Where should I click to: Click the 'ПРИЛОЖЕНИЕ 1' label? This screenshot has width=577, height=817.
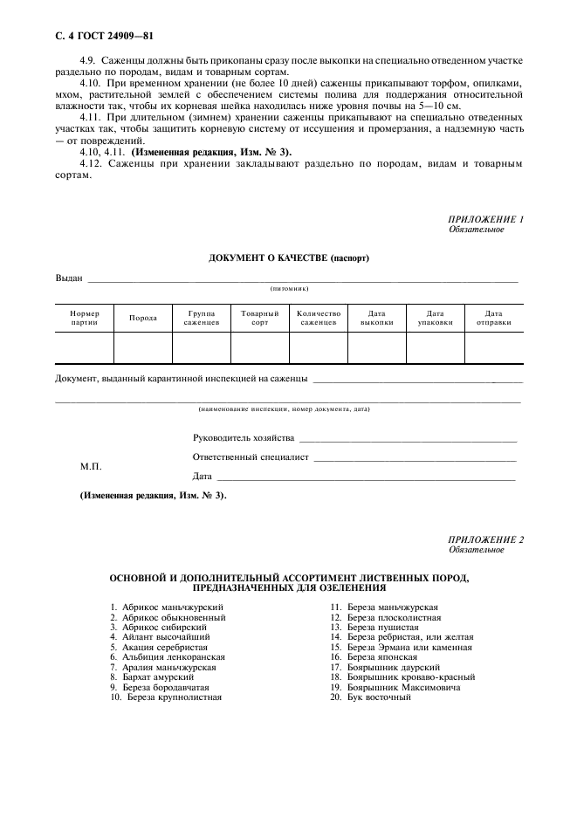coord(485,219)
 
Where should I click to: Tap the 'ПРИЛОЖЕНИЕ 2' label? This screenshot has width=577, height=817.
coord(485,539)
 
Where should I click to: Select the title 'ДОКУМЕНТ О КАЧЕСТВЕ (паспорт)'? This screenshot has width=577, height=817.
coord(288,259)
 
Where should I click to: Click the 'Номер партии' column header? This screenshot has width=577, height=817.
coord(85,318)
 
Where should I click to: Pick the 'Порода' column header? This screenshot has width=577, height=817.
coord(143,318)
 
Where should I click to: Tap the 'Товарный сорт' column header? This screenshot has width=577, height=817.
coord(259,318)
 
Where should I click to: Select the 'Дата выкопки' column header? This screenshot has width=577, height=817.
coord(376,318)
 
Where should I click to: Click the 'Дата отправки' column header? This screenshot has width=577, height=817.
coord(493,318)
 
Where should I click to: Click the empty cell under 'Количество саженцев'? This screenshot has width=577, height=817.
coord(318,347)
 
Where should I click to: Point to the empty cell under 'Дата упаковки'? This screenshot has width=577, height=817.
coord(435,347)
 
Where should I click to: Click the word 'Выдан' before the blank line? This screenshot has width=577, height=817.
coord(69,278)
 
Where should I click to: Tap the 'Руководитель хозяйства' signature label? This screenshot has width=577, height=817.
coord(244,437)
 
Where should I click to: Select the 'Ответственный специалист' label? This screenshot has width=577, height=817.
coord(251,457)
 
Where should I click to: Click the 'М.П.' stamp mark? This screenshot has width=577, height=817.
coord(92,466)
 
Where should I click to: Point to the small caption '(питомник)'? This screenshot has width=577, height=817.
coord(288,288)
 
